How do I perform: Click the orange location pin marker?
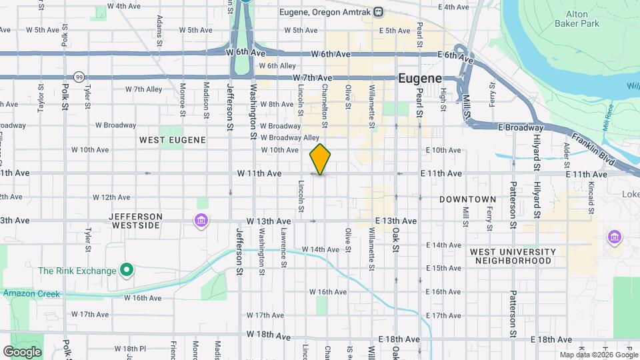pyautogui.click(x=321, y=159)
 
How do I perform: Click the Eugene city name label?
pyautogui.click(x=420, y=78)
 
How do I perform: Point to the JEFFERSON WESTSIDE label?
pyautogui.click(x=135, y=221)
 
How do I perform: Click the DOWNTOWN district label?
pyautogui.click(x=467, y=199)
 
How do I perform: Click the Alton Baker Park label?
pyautogui.click(x=571, y=18)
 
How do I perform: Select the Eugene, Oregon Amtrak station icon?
pyautogui.click(x=378, y=11)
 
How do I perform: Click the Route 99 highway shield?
pyautogui.click(x=79, y=76)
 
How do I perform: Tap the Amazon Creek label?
pyautogui.click(x=31, y=294)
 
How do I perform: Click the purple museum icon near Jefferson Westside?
pyautogui.click(x=200, y=220)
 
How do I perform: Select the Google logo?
pyautogui.click(x=22, y=352)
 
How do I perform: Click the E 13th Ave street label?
pyautogui.click(x=396, y=221)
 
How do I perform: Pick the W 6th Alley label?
pyautogui.click(x=277, y=65)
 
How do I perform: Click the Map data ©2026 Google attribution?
pyautogui.click(x=598, y=355)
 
